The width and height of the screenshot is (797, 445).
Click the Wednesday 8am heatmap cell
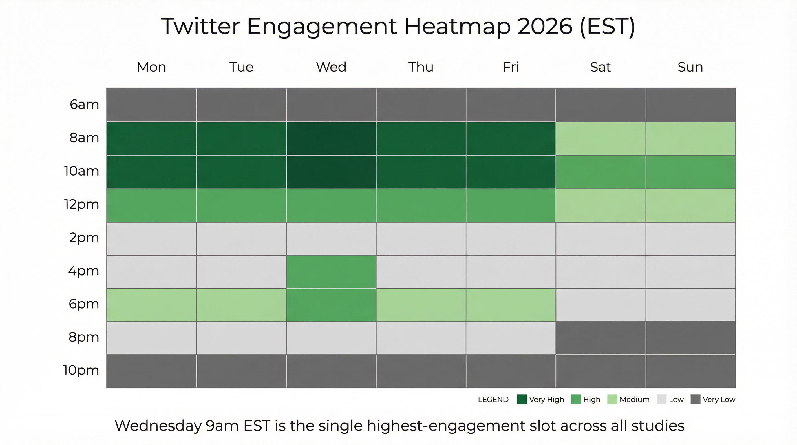pyautogui.click(x=331, y=138)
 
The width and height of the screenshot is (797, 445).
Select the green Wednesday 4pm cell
pyautogui.click(x=331, y=272)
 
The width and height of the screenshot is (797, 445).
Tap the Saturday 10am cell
pyautogui.click(x=601, y=172)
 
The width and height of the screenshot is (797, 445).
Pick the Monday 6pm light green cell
pyautogui.click(x=151, y=305)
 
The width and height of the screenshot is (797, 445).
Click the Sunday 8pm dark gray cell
pyautogui.click(x=690, y=338)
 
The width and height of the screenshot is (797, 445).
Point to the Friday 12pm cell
pyautogui.click(x=511, y=205)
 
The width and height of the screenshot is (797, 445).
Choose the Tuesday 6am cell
pyautogui.click(x=241, y=105)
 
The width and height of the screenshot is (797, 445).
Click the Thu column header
pyautogui.click(x=421, y=67)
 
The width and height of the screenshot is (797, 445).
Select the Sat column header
pyautogui.click(x=600, y=67)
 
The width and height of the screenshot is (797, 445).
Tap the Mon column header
pyautogui.click(x=151, y=67)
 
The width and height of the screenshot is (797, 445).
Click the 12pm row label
pyautogui.click(x=81, y=205)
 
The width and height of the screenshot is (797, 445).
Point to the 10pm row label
pyautogui.click(x=81, y=370)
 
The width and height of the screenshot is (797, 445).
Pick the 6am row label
pyautogui.click(x=84, y=105)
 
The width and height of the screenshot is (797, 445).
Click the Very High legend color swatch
pyautogui.click(x=522, y=399)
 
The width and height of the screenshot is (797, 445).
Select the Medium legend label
pyautogui.click(x=634, y=400)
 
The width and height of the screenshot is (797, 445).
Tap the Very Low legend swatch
pyautogui.click(x=695, y=399)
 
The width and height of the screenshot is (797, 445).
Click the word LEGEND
pyautogui.click(x=493, y=400)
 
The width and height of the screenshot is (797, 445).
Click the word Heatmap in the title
pyautogui.click(x=457, y=27)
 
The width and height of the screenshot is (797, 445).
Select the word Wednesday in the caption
pyautogui.click(x=158, y=426)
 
